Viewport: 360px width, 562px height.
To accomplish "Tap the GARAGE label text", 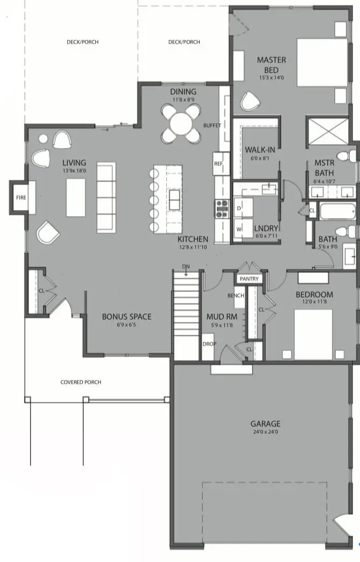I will [265, 424].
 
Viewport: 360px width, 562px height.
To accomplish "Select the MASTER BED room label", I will [271, 65].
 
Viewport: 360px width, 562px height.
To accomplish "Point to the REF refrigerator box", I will [218, 163].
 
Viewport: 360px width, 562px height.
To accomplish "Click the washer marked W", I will [239, 229].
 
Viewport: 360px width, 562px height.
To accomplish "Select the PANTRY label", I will [249, 279].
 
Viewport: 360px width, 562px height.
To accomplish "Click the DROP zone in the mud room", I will [208, 343].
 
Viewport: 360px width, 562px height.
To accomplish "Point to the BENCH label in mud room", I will [236, 296].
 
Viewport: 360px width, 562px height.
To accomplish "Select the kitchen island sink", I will [174, 199].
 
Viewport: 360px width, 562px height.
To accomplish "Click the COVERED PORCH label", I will [81, 382].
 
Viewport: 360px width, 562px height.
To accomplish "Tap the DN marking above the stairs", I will [186, 266].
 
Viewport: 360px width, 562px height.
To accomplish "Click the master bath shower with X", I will [328, 132].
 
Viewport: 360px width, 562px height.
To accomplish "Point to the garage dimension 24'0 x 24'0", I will [265, 432].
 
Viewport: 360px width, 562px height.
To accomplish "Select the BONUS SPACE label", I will [126, 317].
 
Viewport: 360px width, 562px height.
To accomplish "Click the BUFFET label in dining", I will [212, 125].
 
